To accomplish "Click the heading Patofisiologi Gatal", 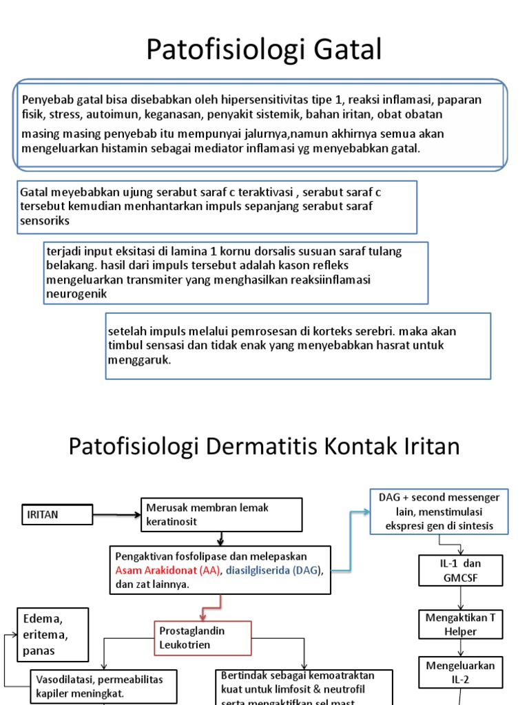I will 264,50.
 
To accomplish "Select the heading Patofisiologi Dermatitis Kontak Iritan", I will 264,447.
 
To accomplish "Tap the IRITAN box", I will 56,514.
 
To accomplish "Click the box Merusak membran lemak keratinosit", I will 221,514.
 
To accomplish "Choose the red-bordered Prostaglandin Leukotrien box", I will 203,638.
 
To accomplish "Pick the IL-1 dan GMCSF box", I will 459,571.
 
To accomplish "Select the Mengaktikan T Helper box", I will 459,624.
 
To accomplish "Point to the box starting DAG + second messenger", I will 439,512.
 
